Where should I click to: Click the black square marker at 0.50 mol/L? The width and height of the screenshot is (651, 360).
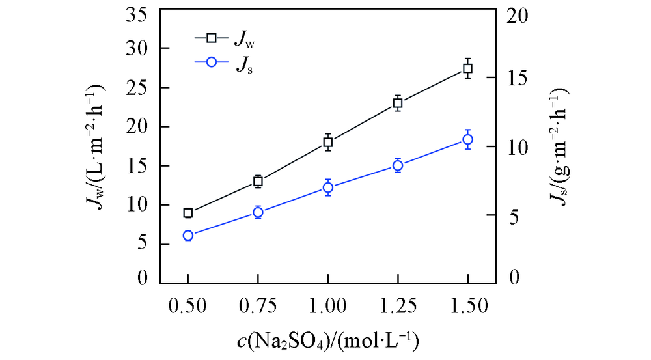coord(188,213)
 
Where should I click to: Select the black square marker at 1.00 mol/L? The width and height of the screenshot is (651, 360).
coord(328,142)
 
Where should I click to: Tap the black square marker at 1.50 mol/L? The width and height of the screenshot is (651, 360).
coord(467,68)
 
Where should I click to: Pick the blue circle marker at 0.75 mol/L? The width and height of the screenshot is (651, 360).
coord(258,212)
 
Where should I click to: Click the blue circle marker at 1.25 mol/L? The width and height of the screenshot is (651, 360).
coord(398,165)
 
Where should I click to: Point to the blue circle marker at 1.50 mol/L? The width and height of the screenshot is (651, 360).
coord(467,139)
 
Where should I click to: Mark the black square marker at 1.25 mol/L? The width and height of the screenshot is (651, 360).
coord(398,103)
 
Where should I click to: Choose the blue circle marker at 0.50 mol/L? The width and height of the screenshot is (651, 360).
coord(188,236)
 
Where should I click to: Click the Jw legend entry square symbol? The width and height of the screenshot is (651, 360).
coord(211,38)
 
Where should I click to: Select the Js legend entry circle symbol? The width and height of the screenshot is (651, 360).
coord(211,63)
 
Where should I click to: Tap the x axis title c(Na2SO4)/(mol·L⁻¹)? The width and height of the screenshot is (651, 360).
coord(327,340)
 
